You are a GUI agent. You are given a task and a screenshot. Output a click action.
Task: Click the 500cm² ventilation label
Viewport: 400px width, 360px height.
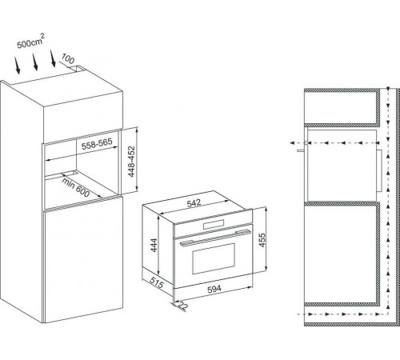point(30,42)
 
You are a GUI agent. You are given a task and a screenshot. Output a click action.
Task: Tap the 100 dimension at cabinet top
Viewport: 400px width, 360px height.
point(68,59)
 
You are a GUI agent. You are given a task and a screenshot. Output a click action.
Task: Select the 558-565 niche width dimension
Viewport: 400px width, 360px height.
point(97,144)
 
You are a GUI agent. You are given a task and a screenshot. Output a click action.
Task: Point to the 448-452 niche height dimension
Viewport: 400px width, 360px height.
point(131,162)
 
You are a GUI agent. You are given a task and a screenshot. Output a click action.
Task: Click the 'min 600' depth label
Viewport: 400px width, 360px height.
point(76,187)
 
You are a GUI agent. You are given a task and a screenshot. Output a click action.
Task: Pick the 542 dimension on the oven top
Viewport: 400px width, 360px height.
point(194,203)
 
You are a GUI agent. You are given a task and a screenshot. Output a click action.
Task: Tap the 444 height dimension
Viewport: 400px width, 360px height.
point(154,245)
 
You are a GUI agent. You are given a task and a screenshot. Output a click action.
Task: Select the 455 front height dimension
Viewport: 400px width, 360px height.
point(262,240)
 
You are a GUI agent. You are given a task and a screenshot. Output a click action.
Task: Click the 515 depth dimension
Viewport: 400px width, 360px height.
point(156,282)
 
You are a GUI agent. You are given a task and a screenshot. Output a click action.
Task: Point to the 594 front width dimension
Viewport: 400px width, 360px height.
point(214,289)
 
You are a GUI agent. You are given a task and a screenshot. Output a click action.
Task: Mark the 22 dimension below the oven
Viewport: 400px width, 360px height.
point(182,306)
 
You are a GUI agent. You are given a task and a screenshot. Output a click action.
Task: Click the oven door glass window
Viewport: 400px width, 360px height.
point(214,258)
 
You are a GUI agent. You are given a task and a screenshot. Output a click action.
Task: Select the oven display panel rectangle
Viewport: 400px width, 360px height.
point(214,224)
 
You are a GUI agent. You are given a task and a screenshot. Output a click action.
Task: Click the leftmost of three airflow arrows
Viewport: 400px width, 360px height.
point(18,66)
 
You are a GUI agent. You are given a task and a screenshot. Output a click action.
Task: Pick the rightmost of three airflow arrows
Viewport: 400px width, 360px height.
point(52,58)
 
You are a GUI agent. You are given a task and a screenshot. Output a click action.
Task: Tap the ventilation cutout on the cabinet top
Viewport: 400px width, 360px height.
point(79,69)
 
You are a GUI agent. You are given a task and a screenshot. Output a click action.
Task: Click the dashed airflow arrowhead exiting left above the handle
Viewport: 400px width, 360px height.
point(292,143)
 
